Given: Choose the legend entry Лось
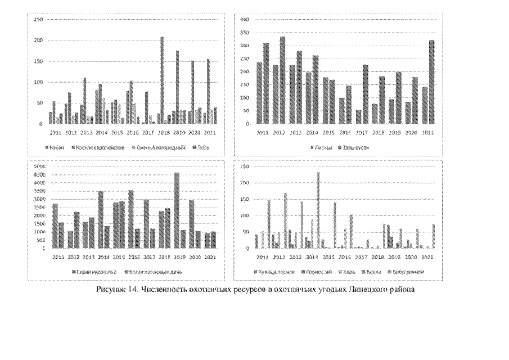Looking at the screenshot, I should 199,147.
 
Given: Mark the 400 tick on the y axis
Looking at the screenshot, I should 245,20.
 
